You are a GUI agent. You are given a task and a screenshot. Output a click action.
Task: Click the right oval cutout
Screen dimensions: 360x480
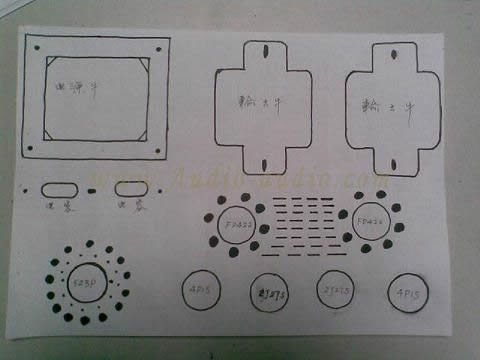pyautogui.click(x=131, y=187)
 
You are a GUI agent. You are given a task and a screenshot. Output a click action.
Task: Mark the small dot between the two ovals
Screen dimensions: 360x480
pyautogui.click(x=94, y=190)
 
